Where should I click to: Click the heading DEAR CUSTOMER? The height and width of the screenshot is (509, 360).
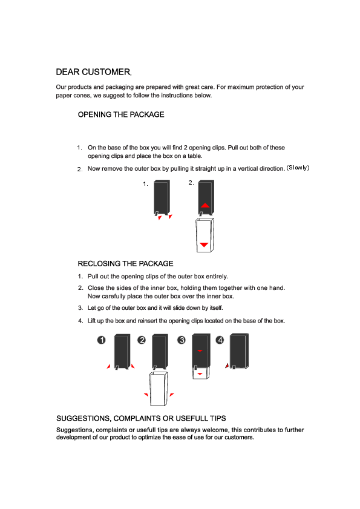point(94,72)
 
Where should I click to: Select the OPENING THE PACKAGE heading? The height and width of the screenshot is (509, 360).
point(121,114)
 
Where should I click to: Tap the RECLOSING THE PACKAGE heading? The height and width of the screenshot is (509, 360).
point(126,264)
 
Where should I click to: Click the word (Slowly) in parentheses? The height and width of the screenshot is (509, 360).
point(298,168)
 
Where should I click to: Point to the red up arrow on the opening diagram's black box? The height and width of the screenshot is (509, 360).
point(205,205)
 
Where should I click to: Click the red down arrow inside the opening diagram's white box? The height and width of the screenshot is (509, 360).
point(204,245)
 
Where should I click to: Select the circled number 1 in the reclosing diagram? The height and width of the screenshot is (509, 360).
point(102,340)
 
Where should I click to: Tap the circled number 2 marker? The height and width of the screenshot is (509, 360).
point(142,340)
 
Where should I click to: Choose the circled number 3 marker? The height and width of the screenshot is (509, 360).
point(182,340)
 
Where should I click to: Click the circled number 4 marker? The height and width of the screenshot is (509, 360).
point(220,340)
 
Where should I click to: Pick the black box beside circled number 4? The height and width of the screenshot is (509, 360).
point(239,351)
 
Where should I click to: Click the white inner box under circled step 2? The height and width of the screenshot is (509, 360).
point(159,389)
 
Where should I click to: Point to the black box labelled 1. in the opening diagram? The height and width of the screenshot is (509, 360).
point(162,197)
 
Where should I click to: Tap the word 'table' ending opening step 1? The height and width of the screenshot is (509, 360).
point(194,156)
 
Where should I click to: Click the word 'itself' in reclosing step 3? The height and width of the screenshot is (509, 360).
point(216,307)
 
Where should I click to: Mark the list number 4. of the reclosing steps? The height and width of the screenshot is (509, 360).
point(80,321)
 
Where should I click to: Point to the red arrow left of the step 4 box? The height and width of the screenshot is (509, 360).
point(227,366)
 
